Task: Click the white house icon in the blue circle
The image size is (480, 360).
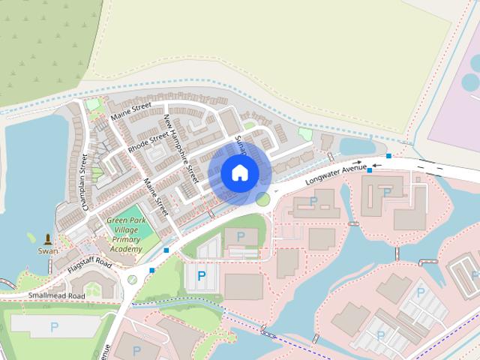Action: pos(240,173)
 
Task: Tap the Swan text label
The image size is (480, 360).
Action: pos(48,251)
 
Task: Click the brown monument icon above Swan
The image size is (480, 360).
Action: pos(49,238)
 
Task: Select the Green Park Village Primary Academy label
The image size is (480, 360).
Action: pos(124,235)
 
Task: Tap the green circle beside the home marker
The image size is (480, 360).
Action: pos(262,199)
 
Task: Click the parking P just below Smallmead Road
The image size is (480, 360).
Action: pos(54,327)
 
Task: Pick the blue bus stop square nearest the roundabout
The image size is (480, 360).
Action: pos(152,270)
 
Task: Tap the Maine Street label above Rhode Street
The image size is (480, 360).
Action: pos(131,111)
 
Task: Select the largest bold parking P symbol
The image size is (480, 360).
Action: pos(201,276)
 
